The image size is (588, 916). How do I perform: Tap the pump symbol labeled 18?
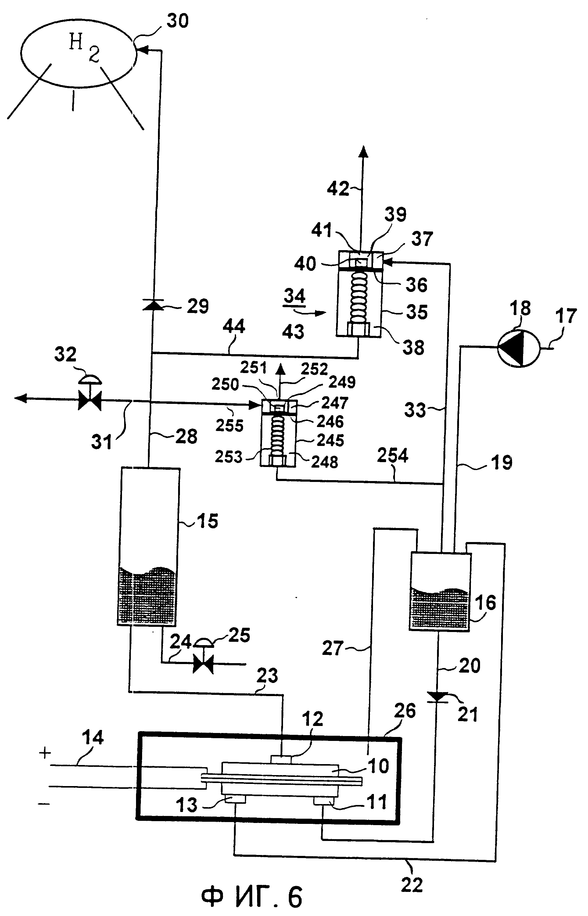point(518,347)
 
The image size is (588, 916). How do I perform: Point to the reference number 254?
point(393,455)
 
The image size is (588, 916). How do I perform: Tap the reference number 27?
point(333,648)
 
